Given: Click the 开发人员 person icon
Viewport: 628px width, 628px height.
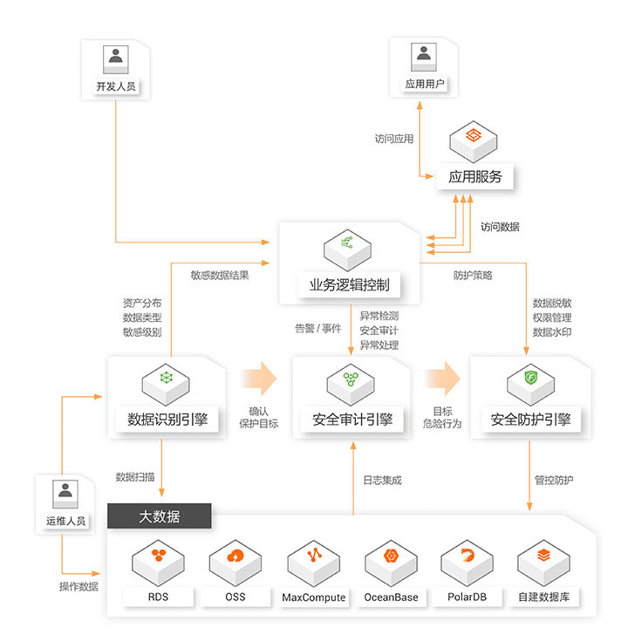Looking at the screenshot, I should pos(115,58).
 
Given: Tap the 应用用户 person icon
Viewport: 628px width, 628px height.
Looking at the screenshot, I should pos(424,56).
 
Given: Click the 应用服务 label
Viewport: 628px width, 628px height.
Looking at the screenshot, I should pos(475,176).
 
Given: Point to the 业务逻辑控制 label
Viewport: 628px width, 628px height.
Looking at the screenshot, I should pos(349,283).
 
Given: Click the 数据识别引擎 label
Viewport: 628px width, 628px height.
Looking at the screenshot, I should pos(167,419).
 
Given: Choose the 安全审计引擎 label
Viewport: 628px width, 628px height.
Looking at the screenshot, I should pos(352,419).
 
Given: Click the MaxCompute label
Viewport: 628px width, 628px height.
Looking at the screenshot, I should pos(314,597).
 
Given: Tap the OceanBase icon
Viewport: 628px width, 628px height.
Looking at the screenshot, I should pos(391,558).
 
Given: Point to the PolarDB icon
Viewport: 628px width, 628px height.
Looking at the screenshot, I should pos(468,558).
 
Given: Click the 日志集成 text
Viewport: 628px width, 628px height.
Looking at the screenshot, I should pos(382,480).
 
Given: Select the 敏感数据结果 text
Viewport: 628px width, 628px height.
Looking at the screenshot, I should pos(220,275).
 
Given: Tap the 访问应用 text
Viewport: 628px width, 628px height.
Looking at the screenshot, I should pos(394,138).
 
